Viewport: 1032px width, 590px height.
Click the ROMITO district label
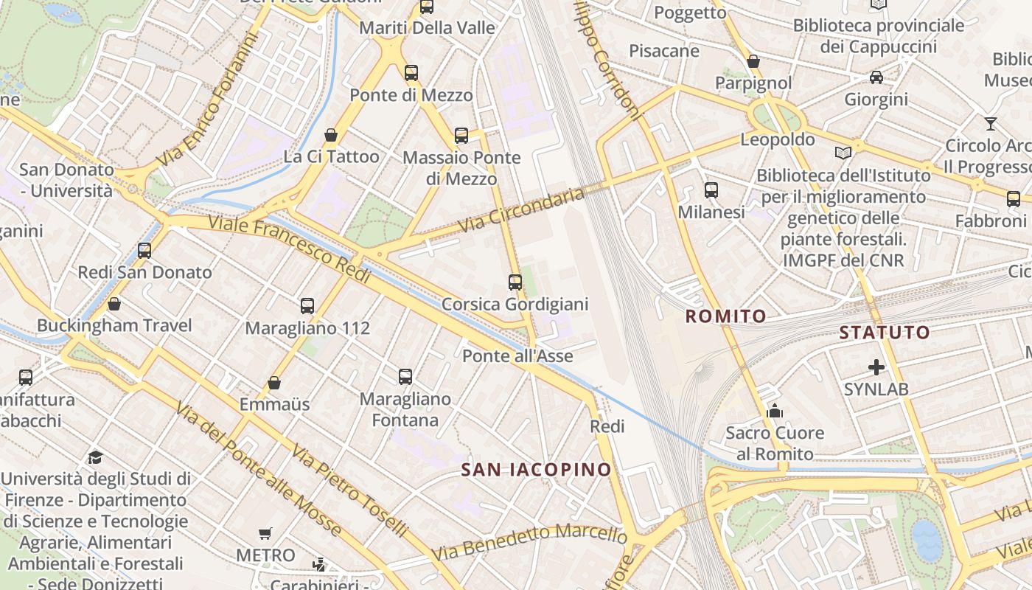coord(726,316)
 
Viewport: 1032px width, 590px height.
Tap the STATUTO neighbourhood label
coord(885,333)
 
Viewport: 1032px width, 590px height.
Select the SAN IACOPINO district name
coord(537,470)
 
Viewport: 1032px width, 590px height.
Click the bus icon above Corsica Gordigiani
coord(515,282)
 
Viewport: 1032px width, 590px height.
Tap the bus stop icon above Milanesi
coord(711,190)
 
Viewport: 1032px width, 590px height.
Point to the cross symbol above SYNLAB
coord(876,367)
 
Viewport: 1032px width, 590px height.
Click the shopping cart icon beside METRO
coord(265,533)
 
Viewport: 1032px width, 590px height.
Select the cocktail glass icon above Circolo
coord(990,124)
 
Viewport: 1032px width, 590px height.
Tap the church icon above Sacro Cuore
coord(774,411)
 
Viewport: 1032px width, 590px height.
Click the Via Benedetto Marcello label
coord(529,541)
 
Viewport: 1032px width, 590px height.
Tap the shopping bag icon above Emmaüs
coord(274,383)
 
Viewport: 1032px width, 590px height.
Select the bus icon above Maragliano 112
coord(307,305)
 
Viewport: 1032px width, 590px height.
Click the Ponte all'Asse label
coord(517,356)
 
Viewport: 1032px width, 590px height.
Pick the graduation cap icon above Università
coord(95,457)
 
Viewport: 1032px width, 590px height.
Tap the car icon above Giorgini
coord(876,77)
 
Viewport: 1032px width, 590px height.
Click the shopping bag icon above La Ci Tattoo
coord(331,135)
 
